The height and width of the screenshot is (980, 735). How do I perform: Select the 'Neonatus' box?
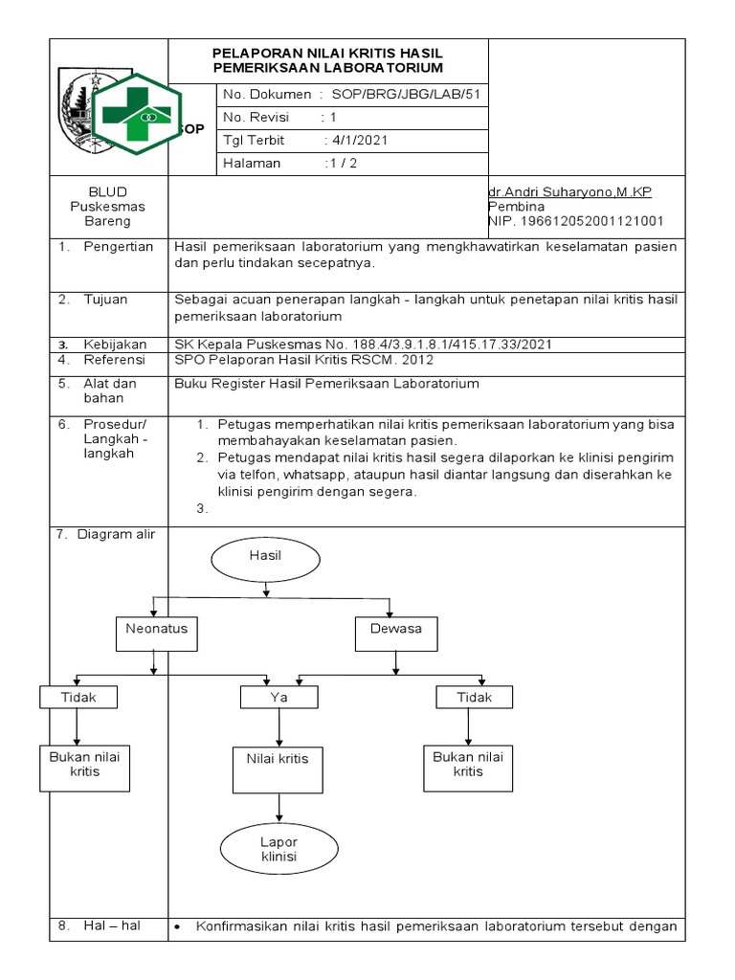[x=156, y=630]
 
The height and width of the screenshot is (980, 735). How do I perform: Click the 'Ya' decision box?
[x=278, y=698]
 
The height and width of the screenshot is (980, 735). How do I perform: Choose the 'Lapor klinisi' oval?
[x=278, y=849]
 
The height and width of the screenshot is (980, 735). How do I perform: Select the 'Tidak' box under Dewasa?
[x=474, y=698]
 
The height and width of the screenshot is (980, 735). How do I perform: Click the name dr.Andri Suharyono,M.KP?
[x=569, y=192]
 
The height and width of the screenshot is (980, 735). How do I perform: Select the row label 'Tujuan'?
[x=105, y=300]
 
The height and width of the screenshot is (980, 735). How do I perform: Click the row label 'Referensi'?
[x=114, y=360]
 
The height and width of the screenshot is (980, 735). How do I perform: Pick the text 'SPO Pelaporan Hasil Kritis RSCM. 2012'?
[x=304, y=360]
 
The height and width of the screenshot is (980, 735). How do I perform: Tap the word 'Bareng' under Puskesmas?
[x=94, y=221]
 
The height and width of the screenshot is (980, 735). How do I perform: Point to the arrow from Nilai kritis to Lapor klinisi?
[x=278, y=805]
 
